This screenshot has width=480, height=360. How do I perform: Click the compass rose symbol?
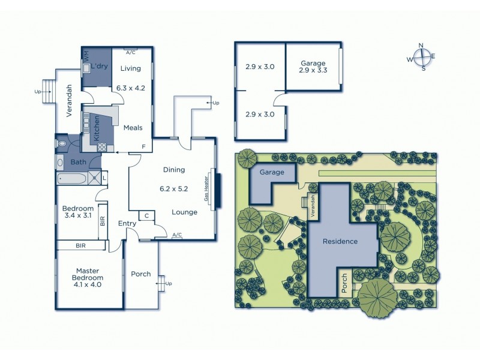tap(422, 57)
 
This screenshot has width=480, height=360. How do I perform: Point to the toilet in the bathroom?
tap(62, 144)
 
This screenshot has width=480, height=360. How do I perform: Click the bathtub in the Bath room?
tap(72, 178)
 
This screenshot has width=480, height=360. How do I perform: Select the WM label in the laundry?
tap(86, 55)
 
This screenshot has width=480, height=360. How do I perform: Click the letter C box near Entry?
tap(146, 215)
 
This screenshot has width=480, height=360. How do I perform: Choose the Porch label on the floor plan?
tap(141, 274)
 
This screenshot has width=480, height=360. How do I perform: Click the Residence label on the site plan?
tap(340, 242)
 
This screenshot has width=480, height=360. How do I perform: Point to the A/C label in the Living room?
tap(131, 52)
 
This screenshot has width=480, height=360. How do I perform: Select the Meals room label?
tap(132, 128)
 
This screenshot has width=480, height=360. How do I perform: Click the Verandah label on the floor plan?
tap(70, 101)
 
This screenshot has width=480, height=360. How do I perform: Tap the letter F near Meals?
tap(143, 146)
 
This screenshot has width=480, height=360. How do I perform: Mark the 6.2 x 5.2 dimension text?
tap(174, 188)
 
